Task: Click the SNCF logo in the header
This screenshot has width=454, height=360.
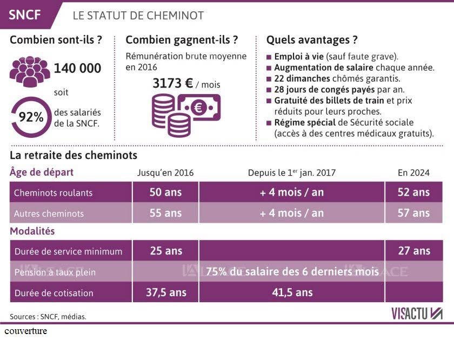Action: pyautogui.click(x=25, y=15)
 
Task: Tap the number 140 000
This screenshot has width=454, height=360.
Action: pyautogui.click(x=77, y=69)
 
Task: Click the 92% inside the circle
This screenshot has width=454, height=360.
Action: pyautogui.click(x=31, y=117)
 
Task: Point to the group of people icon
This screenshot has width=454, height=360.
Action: pyautogui.click(x=29, y=70)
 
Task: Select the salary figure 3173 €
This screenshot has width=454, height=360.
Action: pyautogui.click(x=173, y=84)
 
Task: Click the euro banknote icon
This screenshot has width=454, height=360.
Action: pyautogui.click(x=199, y=107)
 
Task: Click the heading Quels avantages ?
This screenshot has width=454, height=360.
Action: pyautogui.click(x=312, y=40)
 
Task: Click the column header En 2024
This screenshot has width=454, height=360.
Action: pyautogui.click(x=413, y=173)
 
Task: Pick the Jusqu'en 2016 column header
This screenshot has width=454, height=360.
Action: pyautogui.click(x=165, y=173)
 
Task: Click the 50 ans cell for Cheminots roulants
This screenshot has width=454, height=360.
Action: pyautogui.click(x=165, y=192)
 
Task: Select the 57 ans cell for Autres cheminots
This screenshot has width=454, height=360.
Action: pyautogui.click(x=413, y=213)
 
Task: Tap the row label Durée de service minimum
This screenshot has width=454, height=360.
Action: pyautogui.click(x=68, y=251)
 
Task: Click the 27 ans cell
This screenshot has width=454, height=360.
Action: pyautogui.click(x=413, y=251)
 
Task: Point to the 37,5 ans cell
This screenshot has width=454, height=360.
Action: pyautogui.click(x=165, y=292)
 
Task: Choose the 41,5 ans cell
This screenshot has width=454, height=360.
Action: pyautogui.click(x=292, y=292)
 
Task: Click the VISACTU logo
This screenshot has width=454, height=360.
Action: pyautogui.click(x=417, y=314)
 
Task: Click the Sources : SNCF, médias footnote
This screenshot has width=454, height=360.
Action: pyautogui.click(x=48, y=317)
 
